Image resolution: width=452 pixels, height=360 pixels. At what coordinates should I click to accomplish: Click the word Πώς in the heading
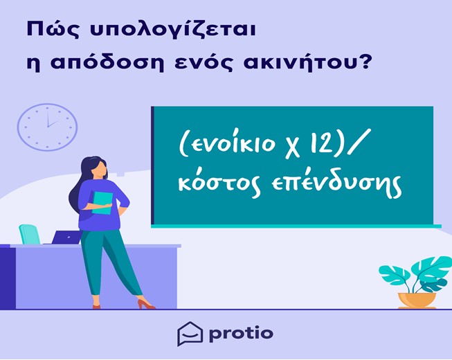pos(53,29)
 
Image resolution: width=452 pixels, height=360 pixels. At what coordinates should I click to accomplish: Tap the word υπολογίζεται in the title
pos(172,30)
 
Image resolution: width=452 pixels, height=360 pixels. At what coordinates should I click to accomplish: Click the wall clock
pos(47,127)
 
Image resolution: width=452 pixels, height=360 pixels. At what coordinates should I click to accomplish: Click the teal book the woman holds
pos(102,204)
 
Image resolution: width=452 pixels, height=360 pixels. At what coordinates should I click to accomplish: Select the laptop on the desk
pos(66,237)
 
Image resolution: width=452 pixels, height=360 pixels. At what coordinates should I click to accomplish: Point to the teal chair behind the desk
pos(30,234)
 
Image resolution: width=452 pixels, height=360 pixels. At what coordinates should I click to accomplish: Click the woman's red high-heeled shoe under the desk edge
pos(145,304)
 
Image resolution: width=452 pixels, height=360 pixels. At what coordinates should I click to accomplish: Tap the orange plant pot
pos(417,300)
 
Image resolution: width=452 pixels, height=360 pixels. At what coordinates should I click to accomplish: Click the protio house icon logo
pos(190,334)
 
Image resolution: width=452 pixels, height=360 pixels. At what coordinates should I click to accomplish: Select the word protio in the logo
pos(241,334)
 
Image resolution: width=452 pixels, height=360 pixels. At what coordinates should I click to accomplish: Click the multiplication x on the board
pos(293,146)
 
